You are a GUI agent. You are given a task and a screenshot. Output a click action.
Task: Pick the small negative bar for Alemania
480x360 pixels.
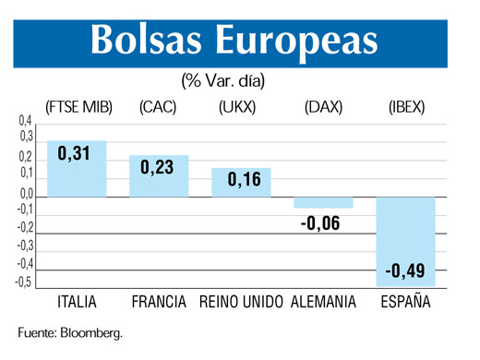[323, 202]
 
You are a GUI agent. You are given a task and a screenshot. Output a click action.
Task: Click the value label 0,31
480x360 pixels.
[74, 153]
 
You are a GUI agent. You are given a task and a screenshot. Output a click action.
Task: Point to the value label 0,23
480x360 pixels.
[157, 168]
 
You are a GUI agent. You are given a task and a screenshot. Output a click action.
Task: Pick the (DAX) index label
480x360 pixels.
[323, 107]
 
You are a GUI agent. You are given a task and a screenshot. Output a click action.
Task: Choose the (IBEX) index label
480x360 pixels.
[405, 107]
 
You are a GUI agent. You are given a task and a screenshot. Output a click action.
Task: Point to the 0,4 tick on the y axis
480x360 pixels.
[25, 121]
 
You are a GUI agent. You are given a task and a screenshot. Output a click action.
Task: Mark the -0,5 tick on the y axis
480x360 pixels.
[23, 282]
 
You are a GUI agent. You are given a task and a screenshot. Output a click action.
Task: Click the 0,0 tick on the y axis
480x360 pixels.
[25, 194]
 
